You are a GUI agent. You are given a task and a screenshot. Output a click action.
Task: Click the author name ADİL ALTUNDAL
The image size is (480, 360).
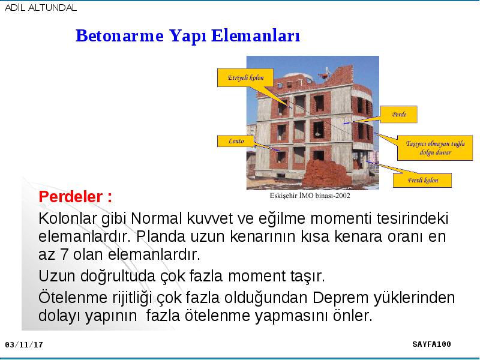41,8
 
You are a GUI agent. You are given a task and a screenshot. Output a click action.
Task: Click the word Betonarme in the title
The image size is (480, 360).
119,35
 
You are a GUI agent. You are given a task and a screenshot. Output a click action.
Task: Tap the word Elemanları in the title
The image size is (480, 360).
256,35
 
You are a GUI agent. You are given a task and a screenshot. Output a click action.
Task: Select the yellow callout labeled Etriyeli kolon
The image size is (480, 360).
245,78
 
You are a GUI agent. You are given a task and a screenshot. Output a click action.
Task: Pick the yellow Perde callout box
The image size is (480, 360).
398,115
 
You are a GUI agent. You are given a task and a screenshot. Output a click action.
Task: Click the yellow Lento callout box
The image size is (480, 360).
236,141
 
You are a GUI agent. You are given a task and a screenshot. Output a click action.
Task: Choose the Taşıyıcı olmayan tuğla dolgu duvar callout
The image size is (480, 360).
435,148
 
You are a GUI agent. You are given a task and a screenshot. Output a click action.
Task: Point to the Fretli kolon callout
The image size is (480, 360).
422,181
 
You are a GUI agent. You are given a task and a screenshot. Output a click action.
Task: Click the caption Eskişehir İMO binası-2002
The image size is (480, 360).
310,196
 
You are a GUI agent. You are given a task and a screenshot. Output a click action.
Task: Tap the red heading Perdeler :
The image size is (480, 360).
76,197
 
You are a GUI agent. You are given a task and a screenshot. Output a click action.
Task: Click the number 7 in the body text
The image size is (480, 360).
64,254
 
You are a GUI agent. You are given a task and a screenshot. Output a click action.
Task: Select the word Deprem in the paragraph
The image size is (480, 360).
341,298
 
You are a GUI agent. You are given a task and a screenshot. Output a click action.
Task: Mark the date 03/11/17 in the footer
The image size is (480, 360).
24,344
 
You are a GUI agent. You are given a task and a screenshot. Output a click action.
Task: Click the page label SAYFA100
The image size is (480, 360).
431,344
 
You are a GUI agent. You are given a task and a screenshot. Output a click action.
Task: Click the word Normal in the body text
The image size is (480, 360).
156,218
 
